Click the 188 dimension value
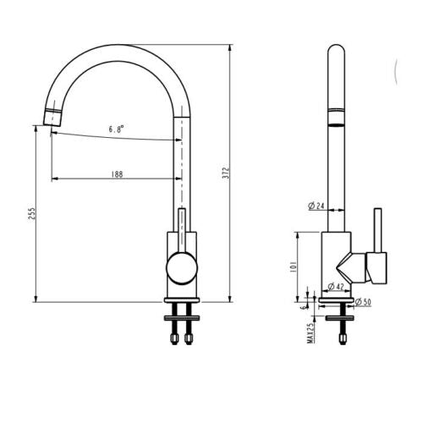click(x=117, y=174)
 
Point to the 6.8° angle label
click(x=117, y=129)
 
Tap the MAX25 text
click(x=310, y=332)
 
